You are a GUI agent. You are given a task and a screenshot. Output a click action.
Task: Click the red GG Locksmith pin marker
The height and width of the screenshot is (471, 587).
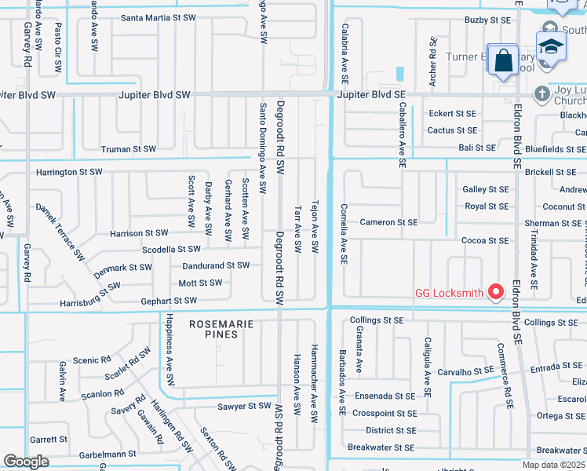[495, 293]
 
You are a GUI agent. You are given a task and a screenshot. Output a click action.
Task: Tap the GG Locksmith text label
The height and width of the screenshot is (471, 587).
[448, 294]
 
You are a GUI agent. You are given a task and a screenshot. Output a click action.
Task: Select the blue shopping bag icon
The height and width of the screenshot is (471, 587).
[503, 60]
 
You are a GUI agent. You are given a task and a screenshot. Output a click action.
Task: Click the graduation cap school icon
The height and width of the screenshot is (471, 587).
[551, 46]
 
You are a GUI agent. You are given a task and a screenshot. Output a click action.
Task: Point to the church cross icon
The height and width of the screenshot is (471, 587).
[541, 94]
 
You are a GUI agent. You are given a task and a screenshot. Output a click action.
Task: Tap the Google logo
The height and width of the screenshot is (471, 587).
[26, 462]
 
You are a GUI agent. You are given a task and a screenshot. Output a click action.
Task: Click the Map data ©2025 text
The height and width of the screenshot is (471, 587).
[554, 465]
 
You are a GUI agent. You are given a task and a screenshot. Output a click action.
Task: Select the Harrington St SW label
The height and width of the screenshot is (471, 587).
[69, 172]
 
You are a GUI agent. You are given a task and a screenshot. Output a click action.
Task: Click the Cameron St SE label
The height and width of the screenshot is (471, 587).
[388, 222]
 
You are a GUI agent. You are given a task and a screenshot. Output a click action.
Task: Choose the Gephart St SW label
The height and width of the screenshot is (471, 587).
[169, 301]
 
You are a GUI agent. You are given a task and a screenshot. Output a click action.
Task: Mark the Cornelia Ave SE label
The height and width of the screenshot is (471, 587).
[344, 234]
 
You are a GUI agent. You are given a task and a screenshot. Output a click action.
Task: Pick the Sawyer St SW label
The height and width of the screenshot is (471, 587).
[244, 406]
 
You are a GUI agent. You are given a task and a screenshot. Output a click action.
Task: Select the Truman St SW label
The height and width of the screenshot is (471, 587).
[129, 148]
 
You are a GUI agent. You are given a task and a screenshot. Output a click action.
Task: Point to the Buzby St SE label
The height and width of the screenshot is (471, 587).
[487, 19]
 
